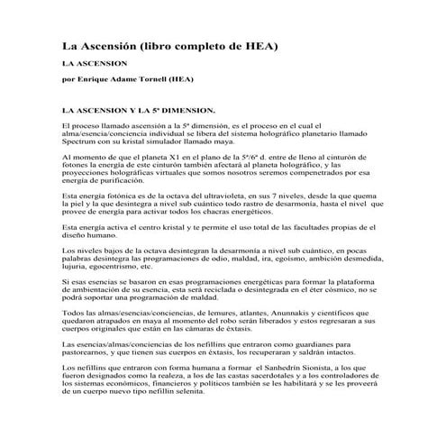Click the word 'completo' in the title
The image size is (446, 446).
click(207, 45)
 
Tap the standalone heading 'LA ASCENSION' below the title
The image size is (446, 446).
click(93, 65)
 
